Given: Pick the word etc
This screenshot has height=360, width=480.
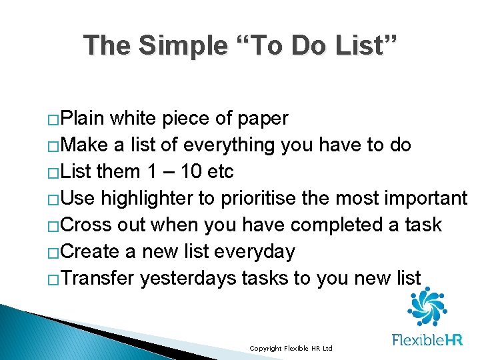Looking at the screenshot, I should pos(221,172).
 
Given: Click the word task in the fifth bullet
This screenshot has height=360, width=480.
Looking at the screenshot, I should pos(423,225).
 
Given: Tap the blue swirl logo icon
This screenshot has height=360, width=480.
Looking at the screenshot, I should pos(427,306).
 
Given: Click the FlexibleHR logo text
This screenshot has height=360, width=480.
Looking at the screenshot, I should pos(427,340).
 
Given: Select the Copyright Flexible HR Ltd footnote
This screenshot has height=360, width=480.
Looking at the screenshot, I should pos(291,349).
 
